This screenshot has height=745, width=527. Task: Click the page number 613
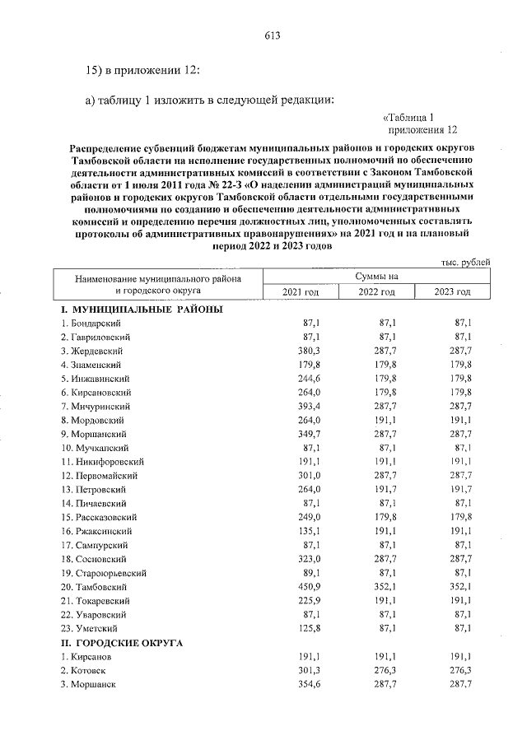[x=273, y=35]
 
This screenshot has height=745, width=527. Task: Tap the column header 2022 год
[x=378, y=292]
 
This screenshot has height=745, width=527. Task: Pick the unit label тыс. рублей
[x=465, y=263]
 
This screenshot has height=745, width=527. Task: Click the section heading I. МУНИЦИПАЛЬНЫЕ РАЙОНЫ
[x=141, y=309]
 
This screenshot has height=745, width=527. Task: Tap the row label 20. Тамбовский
[x=92, y=586]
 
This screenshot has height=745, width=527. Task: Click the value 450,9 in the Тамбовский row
[x=308, y=586]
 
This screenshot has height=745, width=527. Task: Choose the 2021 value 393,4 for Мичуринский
[x=308, y=406]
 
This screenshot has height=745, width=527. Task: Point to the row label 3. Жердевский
[x=91, y=351]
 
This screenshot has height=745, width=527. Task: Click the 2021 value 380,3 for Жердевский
[x=308, y=351]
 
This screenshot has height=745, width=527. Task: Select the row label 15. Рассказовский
[x=99, y=517]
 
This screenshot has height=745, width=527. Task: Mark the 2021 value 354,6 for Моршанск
[x=308, y=684]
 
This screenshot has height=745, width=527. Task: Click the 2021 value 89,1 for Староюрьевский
[x=310, y=572]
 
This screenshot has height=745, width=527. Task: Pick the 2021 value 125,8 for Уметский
[x=308, y=628]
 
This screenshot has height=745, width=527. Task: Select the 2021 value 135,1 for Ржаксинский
[x=308, y=531]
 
